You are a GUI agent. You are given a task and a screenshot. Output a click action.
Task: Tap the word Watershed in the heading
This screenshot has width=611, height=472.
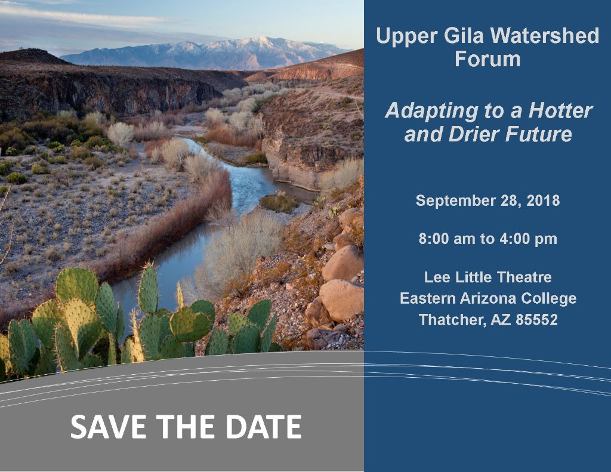tap(544, 35)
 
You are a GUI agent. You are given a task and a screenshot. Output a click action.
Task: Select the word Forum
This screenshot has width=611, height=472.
tap(487, 59)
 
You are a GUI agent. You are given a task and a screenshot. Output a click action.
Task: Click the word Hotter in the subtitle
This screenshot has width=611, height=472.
tap(560, 110)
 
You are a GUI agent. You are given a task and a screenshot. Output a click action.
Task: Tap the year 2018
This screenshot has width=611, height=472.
tap(543, 200)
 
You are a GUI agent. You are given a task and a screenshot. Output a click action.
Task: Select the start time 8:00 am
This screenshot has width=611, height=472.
tap(444, 239)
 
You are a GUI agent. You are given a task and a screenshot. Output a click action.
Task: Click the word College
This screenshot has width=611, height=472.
tap(549, 299)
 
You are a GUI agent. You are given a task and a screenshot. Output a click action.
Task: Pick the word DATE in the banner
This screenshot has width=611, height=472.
tap(263, 427)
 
